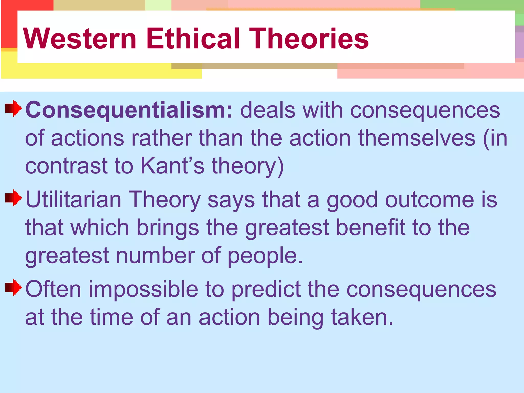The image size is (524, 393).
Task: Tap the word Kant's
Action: pos(172,166)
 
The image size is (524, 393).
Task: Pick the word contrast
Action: pos(66,166)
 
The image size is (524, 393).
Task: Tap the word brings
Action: pos(168,228)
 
